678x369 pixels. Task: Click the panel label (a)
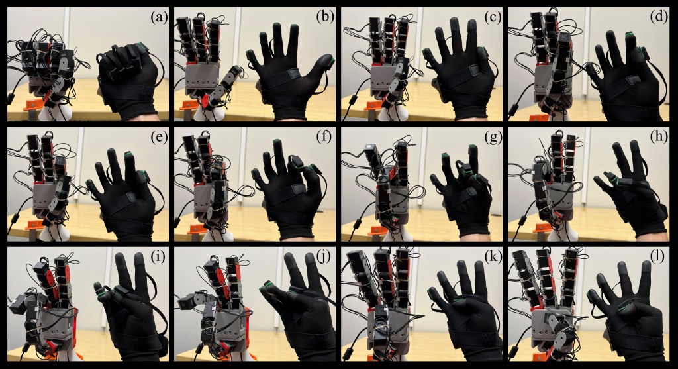[158, 18]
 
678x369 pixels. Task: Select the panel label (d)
[659, 18]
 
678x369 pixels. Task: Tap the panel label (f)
[324, 137]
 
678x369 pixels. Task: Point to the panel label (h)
[659, 137]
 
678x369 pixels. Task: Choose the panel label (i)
[159, 258]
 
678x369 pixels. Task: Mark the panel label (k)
[492, 258]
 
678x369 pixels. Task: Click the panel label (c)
[492, 18]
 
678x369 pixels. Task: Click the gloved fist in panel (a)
[129, 80]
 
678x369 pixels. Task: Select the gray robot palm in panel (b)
[203, 79]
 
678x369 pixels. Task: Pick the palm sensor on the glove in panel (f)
[298, 189]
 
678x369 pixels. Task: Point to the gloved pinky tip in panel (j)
[266, 287]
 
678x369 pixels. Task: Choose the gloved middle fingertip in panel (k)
[465, 266]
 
